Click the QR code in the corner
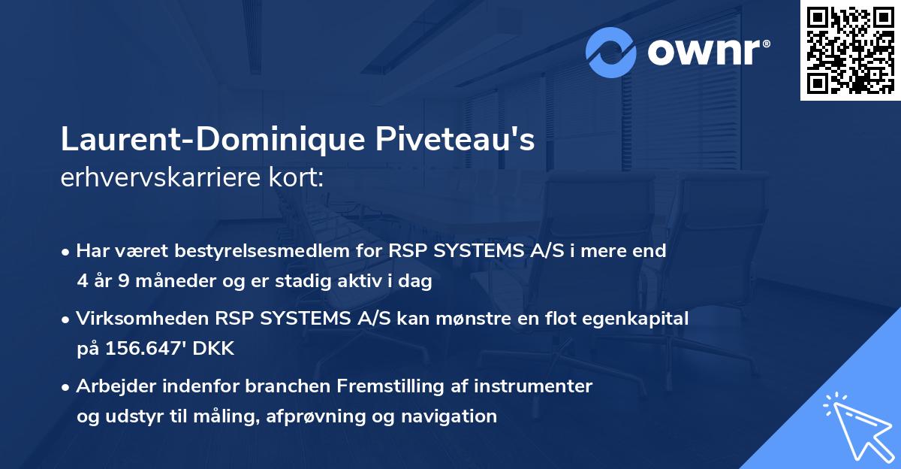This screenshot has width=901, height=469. click(850, 50)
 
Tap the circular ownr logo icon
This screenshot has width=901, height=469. click(611, 52)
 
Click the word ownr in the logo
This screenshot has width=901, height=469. click(706, 52)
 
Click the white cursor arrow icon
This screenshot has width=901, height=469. click(858, 428)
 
